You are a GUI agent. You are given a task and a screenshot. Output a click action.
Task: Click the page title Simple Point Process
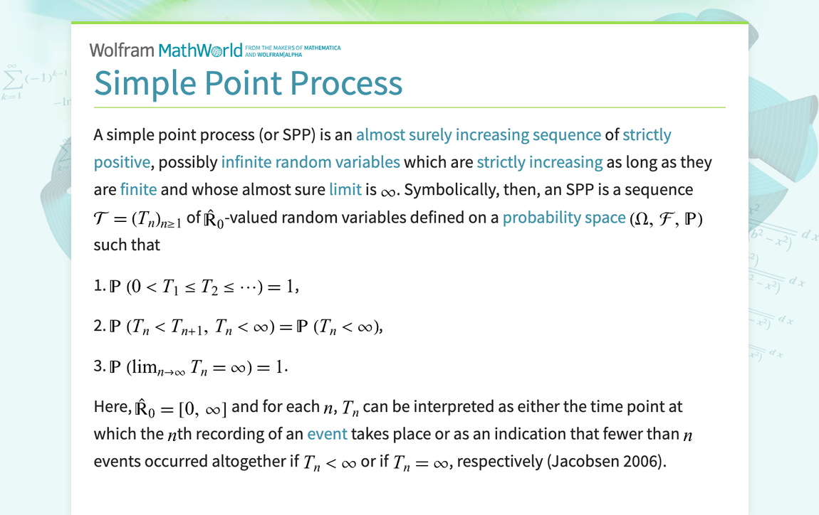248,83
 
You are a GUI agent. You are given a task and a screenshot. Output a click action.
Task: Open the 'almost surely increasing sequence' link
479,134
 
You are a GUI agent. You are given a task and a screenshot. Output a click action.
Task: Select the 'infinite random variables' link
311,162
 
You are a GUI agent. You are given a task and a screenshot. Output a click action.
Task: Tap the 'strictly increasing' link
540,162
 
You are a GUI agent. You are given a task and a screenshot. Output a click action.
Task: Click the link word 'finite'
138,190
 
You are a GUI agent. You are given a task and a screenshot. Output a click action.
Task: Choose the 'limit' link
345,190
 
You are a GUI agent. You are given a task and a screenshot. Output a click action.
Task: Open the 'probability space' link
564,218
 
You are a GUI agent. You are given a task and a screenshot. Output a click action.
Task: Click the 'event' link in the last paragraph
327,434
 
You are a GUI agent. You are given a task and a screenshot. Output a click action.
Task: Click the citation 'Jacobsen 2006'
605,462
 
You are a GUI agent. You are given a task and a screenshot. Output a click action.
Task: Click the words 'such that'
127,245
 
